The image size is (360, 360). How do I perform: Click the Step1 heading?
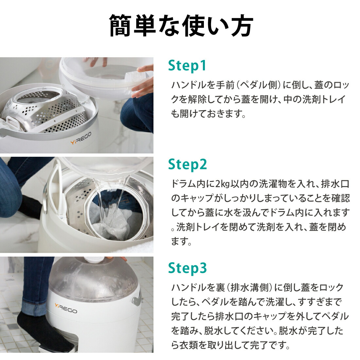point(187,65)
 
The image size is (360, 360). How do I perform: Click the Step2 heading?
point(188,164)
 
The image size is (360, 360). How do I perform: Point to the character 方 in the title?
point(241,26)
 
